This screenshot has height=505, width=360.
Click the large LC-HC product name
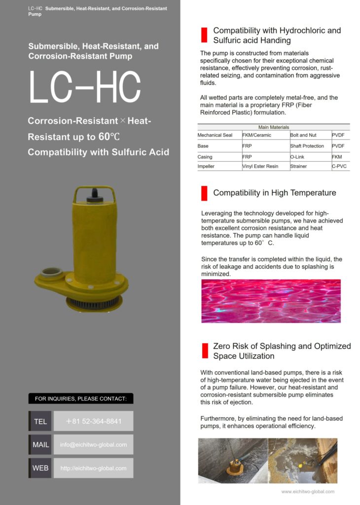tap(84, 87)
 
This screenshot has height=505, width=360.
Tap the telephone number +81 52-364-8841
tap(93, 421)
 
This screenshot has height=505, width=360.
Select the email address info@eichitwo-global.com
tap(93, 444)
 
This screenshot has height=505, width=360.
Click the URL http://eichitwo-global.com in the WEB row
tap(93, 468)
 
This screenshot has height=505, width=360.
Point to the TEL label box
tap(40, 421)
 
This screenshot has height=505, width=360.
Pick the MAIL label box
tap(40, 444)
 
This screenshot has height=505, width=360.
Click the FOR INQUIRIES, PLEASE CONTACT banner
tap(81, 398)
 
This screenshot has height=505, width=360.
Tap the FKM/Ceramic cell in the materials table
tap(257, 135)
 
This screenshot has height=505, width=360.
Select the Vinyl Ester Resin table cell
tap(260, 167)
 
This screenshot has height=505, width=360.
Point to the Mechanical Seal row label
tap(215, 135)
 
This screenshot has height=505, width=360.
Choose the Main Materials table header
tap(274, 127)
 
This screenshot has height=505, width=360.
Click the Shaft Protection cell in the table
tap(307, 146)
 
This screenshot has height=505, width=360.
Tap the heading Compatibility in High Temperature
tap(275, 193)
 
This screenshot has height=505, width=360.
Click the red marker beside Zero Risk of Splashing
tap(204, 351)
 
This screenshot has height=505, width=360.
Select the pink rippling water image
tap(271, 301)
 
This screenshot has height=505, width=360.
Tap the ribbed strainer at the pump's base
tap(94, 303)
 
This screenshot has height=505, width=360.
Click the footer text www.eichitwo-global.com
tap(308, 491)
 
